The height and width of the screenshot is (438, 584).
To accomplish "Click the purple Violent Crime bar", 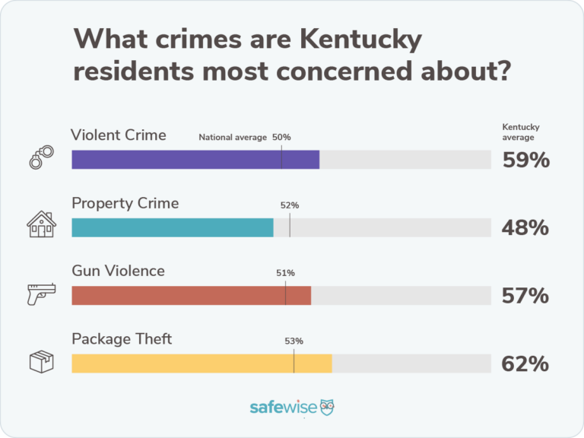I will tap(195, 160).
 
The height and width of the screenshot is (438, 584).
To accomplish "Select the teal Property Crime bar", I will tap(172, 227).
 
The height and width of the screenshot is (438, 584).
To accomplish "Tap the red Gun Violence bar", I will tap(191, 295).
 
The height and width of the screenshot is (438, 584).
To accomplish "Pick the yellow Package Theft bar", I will tap(202, 363).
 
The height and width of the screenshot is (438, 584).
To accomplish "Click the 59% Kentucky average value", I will tap(525, 160).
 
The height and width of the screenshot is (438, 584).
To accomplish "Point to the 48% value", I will tap(525, 228).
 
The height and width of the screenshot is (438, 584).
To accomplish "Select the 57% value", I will tap(525, 296).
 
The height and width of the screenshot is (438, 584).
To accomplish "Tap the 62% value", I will tap(525, 364).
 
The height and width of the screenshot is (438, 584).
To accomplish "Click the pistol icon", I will tap(42, 294).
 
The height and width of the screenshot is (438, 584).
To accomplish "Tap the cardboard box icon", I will tap(42, 362).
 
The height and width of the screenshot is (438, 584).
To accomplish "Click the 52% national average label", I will tap(290, 205).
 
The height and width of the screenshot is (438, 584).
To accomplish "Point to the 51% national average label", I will tap(285, 273).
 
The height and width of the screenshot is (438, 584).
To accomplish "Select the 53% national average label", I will tap(294, 341).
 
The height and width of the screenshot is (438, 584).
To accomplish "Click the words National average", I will tap(233, 138).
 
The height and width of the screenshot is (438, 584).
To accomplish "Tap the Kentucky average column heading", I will tap(520, 132).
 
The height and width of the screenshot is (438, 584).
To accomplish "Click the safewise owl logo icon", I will tap(328, 407).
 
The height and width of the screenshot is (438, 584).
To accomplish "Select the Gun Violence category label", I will tap(118, 271).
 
